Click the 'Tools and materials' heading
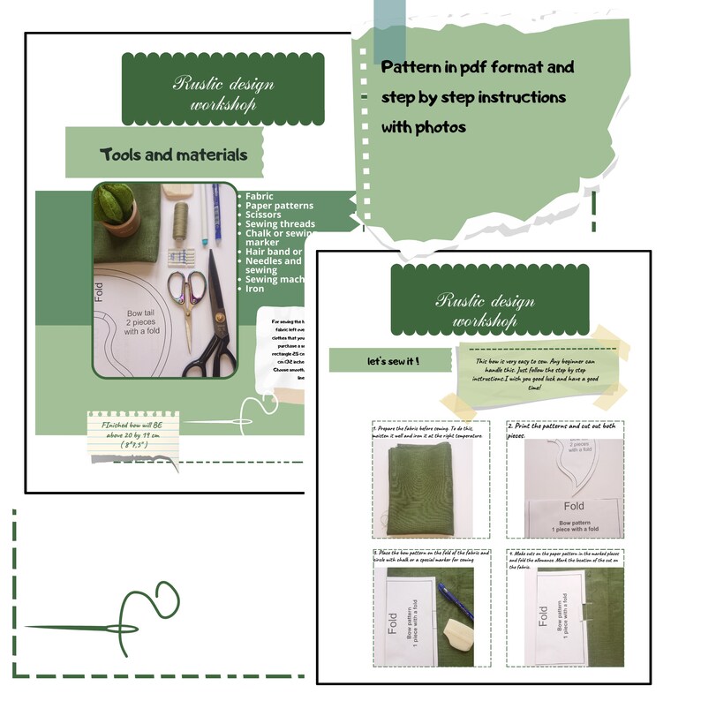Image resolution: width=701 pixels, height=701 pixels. pyautogui.click(x=173, y=155)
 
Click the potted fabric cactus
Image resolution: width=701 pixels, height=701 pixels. pyautogui.click(x=118, y=208)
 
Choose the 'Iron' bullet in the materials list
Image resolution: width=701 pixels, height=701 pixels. pyautogui.click(x=254, y=289)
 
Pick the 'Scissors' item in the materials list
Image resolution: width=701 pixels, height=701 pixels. pyautogui.click(x=263, y=215)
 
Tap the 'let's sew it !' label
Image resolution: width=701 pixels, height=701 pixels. pyautogui.click(x=393, y=362)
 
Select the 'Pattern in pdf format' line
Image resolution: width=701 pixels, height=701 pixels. pyautogui.click(x=478, y=67)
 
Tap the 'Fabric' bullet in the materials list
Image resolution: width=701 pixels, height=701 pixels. pyautogui.click(x=259, y=196)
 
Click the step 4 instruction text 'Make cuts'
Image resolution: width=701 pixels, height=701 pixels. pyautogui.click(x=565, y=556)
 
